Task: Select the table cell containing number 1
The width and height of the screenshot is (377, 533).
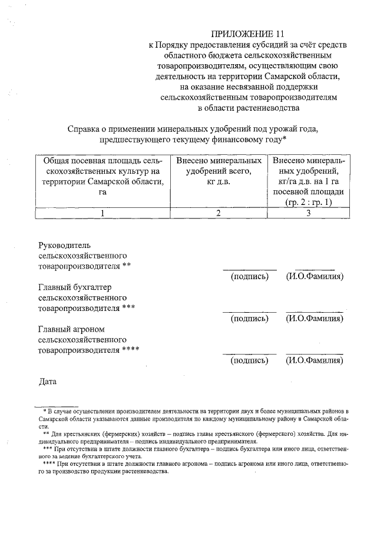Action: click(102, 213)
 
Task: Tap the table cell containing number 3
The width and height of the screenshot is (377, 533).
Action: click(307, 213)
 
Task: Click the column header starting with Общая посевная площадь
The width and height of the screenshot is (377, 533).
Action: click(102, 176)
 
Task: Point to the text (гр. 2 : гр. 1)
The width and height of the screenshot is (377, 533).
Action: click(307, 203)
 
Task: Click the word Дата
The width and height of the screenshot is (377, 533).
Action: click(47, 381)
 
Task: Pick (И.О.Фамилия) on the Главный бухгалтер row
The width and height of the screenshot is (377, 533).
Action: click(315, 319)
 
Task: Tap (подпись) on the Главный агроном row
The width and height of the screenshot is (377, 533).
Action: click(249, 361)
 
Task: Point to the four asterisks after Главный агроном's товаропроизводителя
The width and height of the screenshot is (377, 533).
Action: click(130, 351)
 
